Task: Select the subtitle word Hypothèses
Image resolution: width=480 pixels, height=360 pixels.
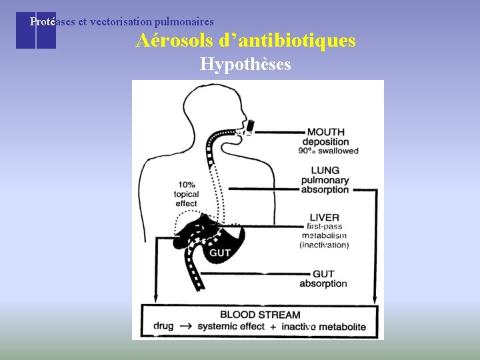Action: pos(245,65)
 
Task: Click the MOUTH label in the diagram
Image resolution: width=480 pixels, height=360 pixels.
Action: pos(326,131)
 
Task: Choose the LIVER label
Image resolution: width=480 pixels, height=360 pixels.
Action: pos(325,217)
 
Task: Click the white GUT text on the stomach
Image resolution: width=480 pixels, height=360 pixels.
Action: pos(220,253)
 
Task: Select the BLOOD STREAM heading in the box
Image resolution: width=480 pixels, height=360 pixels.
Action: pos(260,315)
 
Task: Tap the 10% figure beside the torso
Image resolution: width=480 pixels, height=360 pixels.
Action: pos(187,185)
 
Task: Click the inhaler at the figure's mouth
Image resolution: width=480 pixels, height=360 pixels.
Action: pos(249,126)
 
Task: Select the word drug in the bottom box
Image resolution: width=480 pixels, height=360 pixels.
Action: pos(163,327)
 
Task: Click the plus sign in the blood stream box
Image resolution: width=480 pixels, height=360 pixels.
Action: pos(272,327)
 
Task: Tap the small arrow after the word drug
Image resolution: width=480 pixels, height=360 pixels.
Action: pos(185,327)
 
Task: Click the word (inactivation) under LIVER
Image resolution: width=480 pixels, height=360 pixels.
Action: pos(324,245)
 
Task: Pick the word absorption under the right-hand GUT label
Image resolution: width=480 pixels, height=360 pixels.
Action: pos(323,283)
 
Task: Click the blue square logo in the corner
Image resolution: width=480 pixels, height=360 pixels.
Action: pos(36,30)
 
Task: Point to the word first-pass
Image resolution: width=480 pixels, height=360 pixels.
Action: pos(325,227)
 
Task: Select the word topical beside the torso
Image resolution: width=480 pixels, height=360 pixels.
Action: pos(187,195)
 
